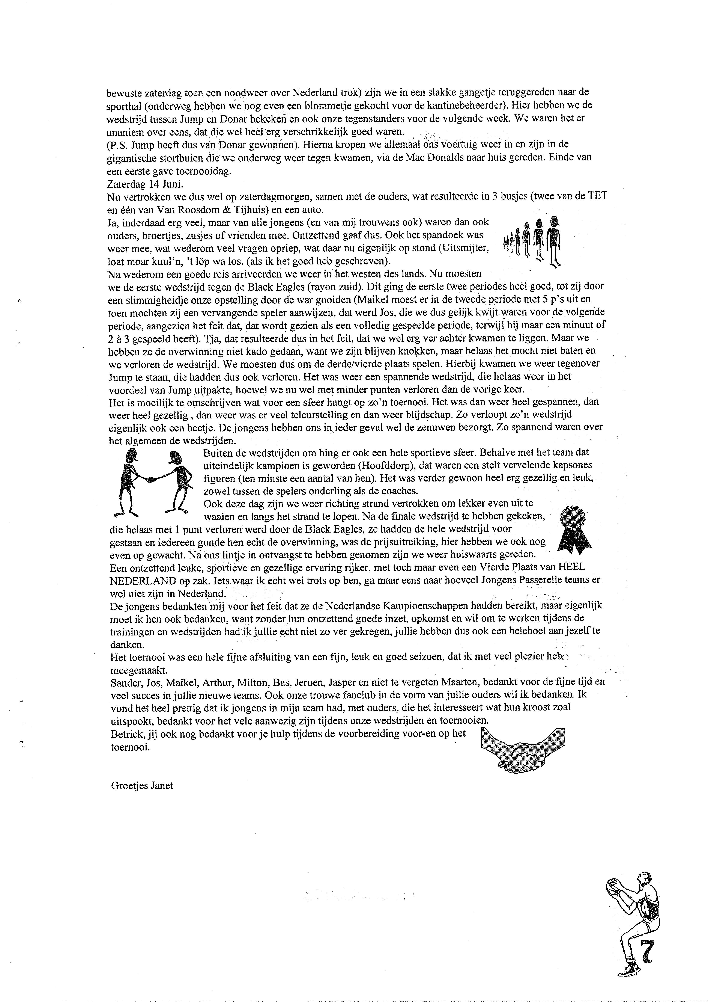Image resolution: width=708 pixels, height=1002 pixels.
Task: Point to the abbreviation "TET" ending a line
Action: pos(598,196)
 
